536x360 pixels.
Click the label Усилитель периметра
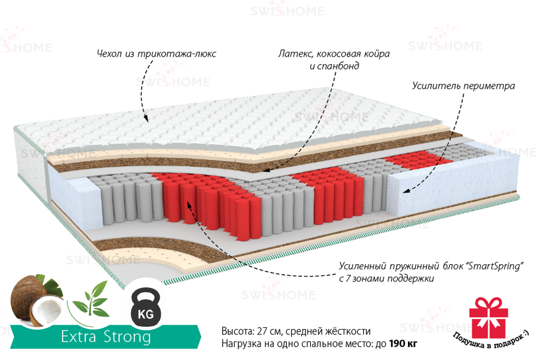(463, 86)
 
